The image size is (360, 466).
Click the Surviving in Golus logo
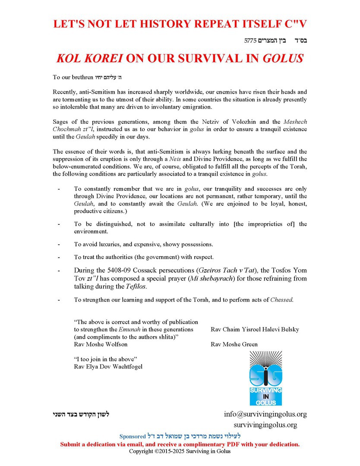click(265, 378)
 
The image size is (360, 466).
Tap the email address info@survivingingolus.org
click(265, 414)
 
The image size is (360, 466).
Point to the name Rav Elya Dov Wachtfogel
click(108, 366)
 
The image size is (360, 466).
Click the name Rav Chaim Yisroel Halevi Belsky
click(255, 329)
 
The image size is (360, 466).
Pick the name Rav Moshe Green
click(234, 344)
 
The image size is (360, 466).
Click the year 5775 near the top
click(251, 41)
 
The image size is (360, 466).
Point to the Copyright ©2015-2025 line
click(180, 451)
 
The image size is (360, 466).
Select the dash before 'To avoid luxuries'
click(59, 244)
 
